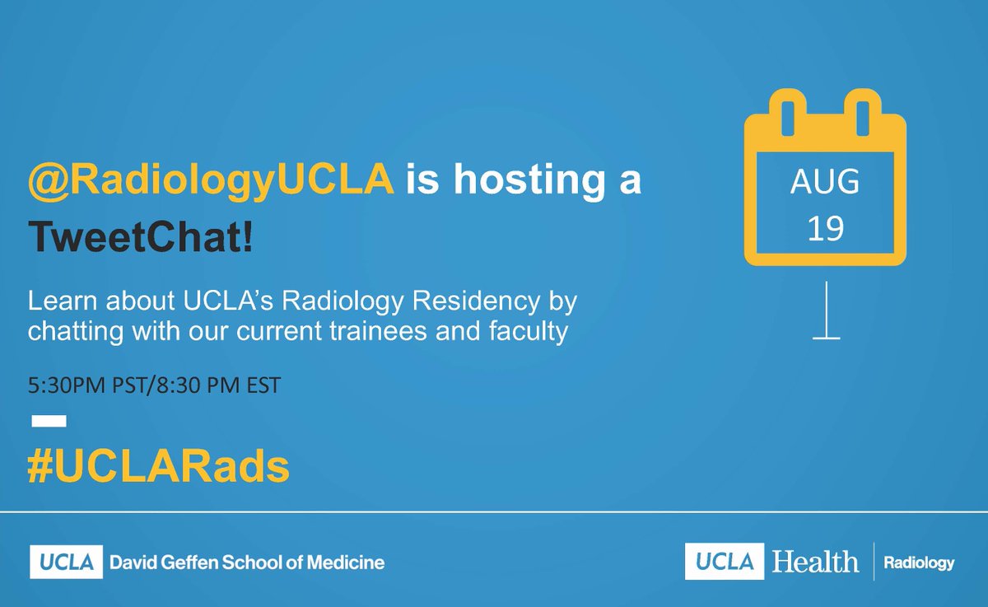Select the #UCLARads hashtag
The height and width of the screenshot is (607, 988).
(x=158, y=467)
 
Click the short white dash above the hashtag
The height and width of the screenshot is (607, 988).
(x=49, y=421)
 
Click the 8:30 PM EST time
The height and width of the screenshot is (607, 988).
(x=223, y=385)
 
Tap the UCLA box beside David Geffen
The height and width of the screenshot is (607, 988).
(x=66, y=563)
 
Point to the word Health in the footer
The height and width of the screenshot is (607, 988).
(x=815, y=563)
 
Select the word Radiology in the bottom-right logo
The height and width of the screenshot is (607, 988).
(x=918, y=563)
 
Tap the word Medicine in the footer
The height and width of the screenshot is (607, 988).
(x=347, y=563)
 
